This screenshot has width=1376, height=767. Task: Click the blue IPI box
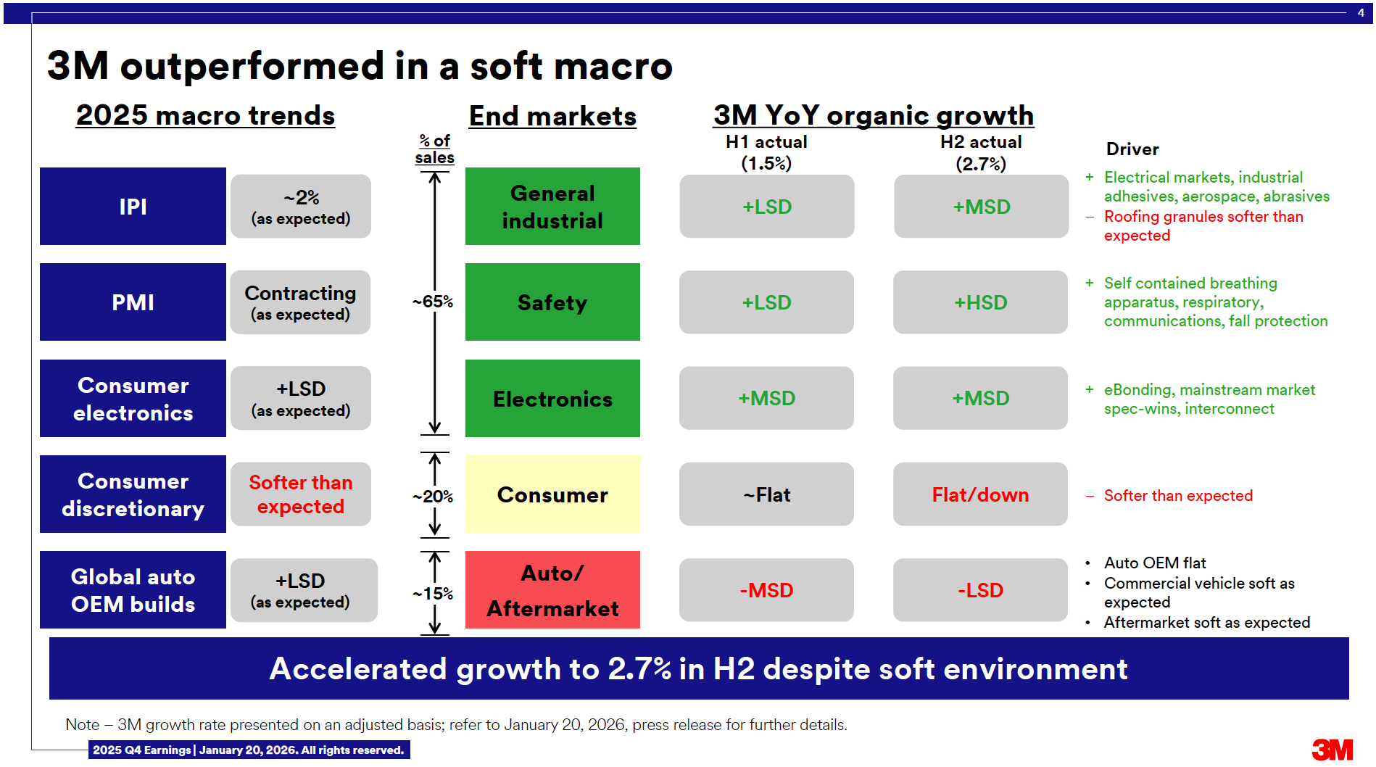pyautogui.click(x=133, y=207)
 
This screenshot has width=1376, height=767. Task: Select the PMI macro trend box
pyautogui.click(x=133, y=302)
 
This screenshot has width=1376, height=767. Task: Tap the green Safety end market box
pyautogui.click(x=552, y=302)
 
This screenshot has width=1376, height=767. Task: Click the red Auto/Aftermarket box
pyautogui.click(x=552, y=590)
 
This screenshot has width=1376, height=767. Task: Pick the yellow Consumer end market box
pyautogui.click(x=552, y=494)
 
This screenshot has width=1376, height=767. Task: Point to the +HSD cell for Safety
pyautogui.click(x=980, y=302)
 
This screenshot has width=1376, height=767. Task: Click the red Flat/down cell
pyautogui.click(x=980, y=494)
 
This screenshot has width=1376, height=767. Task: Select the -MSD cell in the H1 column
pyautogui.click(x=766, y=590)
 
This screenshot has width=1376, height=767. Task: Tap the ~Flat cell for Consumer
pyautogui.click(x=766, y=494)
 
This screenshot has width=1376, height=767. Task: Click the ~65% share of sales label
pyautogui.click(x=433, y=302)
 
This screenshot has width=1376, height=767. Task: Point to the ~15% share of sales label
pyautogui.click(x=433, y=594)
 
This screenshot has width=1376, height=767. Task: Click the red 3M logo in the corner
pyautogui.click(x=1333, y=750)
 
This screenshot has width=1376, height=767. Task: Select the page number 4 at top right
pyautogui.click(x=1361, y=12)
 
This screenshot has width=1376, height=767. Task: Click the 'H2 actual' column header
pyautogui.click(x=981, y=142)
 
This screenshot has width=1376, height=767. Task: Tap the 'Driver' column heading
pyautogui.click(x=1132, y=149)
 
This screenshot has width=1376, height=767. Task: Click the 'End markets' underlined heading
pyautogui.click(x=552, y=117)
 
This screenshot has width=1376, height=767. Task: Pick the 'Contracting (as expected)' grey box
pyautogui.click(x=300, y=302)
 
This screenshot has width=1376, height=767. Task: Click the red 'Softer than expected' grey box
pyautogui.click(x=300, y=494)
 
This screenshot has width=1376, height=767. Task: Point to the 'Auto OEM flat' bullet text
pyautogui.click(x=1155, y=563)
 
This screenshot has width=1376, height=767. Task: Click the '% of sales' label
pyautogui.click(x=435, y=149)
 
